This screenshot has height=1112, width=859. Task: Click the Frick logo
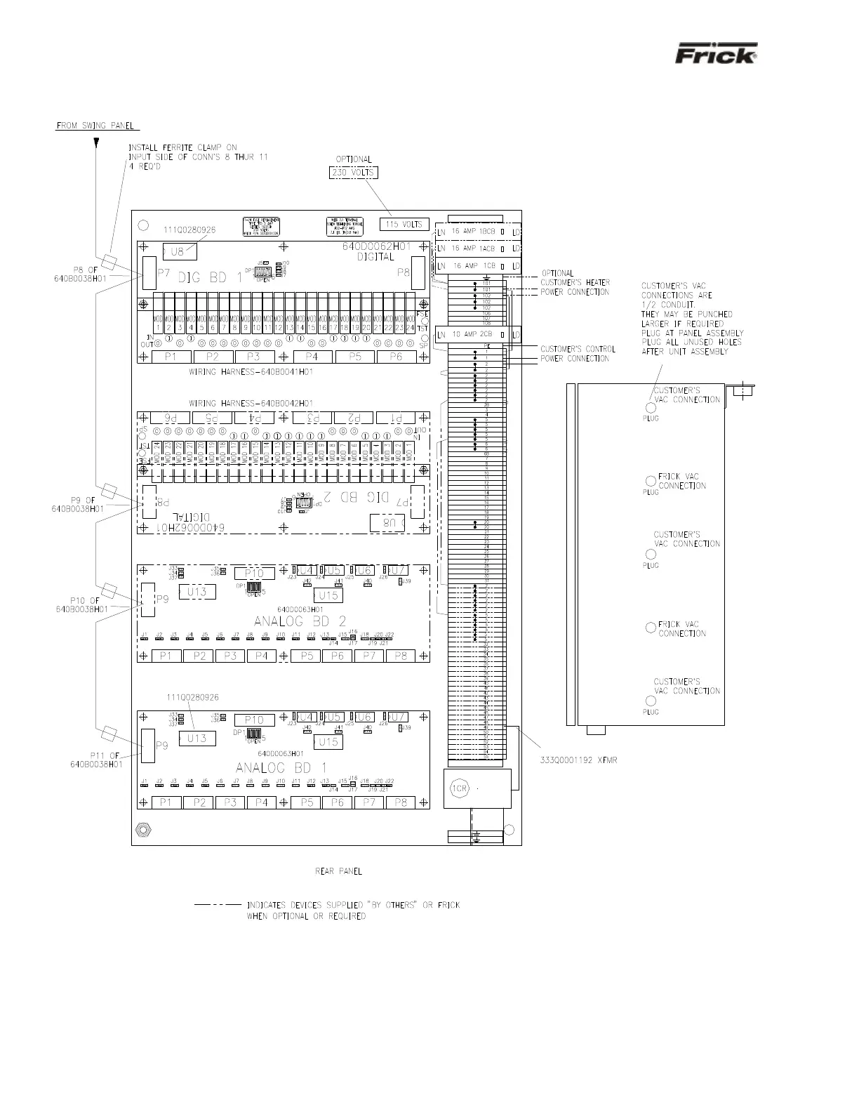tap(716, 55)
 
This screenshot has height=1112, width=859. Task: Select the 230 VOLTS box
tap(354, 173)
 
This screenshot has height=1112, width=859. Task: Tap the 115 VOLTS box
tap(404, 224)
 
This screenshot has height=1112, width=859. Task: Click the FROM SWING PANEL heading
tap(98, 126)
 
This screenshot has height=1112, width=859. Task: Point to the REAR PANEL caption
tap(338, 871)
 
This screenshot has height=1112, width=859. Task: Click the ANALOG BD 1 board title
tap(281, 767)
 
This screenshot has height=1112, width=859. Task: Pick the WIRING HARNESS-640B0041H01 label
tap(251, 371)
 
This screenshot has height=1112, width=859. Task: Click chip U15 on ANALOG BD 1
tap(327, 742)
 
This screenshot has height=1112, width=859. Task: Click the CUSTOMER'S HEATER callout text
tap(575, 283)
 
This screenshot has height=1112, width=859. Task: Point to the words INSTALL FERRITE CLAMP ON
tap(182, 147)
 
